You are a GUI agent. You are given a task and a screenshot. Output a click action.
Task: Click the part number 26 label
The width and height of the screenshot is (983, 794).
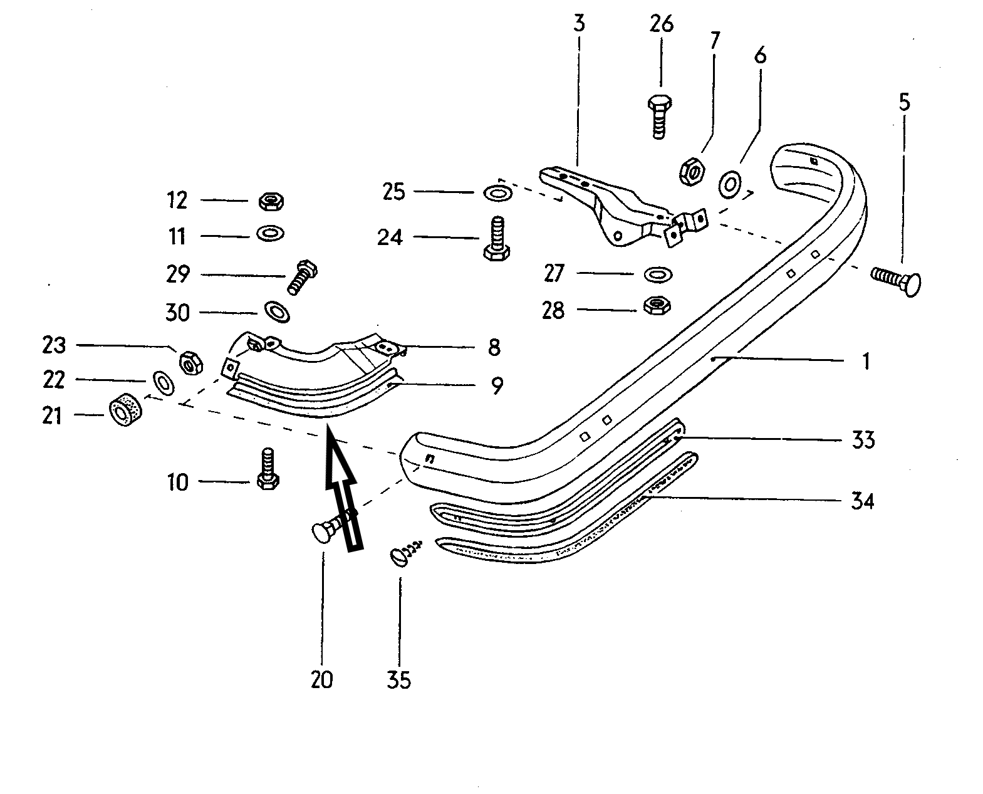(661, 24)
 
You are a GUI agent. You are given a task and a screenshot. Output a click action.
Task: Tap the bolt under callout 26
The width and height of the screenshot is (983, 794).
(660, 117)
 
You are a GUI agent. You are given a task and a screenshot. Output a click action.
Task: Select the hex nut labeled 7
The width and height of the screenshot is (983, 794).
(692, 172)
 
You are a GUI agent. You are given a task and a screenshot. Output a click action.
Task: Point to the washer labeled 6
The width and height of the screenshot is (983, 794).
(730, 185)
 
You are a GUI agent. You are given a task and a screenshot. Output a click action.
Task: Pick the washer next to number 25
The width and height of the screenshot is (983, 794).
(498, 192)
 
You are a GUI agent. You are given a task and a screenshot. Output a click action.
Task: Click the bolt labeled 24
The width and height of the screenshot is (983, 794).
(497, 239)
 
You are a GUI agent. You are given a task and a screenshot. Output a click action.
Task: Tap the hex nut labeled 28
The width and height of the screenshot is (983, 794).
(657, 305)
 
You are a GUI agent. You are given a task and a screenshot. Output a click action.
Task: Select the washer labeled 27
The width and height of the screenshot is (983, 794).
(658, 274)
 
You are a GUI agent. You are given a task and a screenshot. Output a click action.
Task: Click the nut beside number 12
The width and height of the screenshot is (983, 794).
(271, 202)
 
